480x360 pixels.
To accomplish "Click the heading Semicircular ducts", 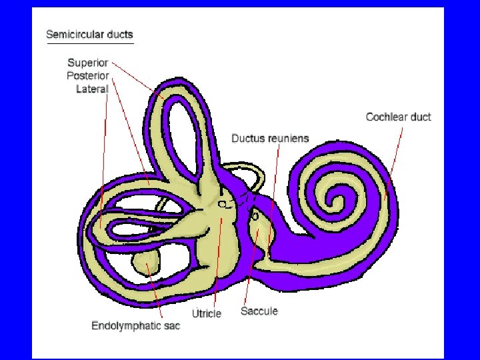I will point(89,35).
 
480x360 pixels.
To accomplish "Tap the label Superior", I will point(87,63).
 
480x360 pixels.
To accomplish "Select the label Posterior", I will point(87,76).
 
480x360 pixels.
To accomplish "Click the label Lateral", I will point(92,89).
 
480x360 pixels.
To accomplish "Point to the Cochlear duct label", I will point(398,117).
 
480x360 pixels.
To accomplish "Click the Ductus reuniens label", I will point(270,139).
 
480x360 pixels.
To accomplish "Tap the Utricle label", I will point(206,313).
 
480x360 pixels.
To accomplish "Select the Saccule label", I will point(259,311).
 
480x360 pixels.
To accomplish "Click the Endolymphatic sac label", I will point(135,326).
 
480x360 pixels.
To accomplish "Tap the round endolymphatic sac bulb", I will point(145,263).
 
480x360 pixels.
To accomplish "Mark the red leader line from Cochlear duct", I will point(394,160).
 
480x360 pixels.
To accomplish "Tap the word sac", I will point(172,326).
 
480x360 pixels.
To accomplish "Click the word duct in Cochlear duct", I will point(420,117).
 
